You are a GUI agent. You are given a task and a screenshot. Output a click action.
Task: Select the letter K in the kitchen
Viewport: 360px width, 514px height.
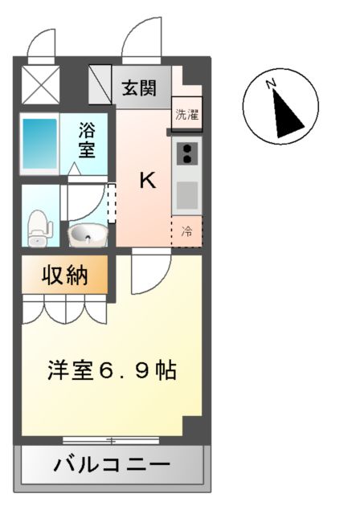coord(147,180)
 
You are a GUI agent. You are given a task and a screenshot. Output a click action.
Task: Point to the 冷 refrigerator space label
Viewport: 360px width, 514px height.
coord(186,232)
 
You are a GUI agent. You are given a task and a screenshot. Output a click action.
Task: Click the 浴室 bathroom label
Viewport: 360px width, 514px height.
coord(87,140)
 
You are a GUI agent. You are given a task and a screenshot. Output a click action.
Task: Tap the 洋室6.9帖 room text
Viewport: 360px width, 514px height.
coord(112,371)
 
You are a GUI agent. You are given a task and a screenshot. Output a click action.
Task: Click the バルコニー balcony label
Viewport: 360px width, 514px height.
coord(112,464)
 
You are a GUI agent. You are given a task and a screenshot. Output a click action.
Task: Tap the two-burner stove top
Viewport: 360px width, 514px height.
coord(187,153)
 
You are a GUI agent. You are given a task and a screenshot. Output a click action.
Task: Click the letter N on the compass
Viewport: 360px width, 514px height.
coord(272,83)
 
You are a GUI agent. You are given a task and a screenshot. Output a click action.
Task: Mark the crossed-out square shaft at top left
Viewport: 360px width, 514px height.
coord(40,84)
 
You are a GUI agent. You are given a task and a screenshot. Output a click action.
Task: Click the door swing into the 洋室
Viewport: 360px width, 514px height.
coord(150,274)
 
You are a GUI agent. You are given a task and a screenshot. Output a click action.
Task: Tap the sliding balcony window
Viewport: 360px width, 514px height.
coord(112,439)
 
